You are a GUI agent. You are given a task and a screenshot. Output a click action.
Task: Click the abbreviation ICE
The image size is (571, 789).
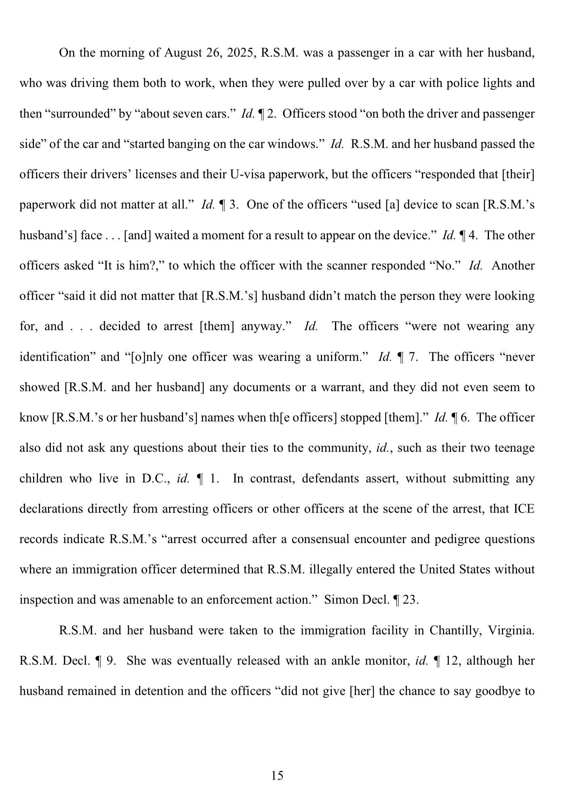click(x=524, y=509)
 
